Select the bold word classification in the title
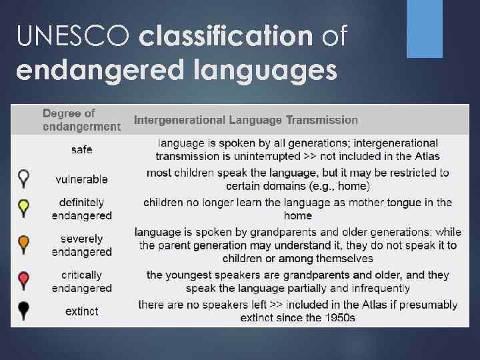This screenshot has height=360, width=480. (225, 36)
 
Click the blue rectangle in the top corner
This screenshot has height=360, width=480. (425, 28)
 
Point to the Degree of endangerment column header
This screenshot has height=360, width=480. (81, 120)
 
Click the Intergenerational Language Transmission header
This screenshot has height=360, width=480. (246, 120)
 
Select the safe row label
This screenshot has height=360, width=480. (81, 149)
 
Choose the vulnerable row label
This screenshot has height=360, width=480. (81, 179)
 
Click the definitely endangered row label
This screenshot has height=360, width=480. (81, 209)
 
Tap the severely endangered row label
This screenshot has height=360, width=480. (81, 245)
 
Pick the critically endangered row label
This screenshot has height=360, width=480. (81, 281)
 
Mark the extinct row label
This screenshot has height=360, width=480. (81, 311)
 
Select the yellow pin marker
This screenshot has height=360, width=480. (24, 207)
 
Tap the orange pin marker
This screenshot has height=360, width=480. (24, 243)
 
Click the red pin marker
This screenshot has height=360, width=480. (24, 280)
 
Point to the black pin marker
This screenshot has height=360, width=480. (24, 310)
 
